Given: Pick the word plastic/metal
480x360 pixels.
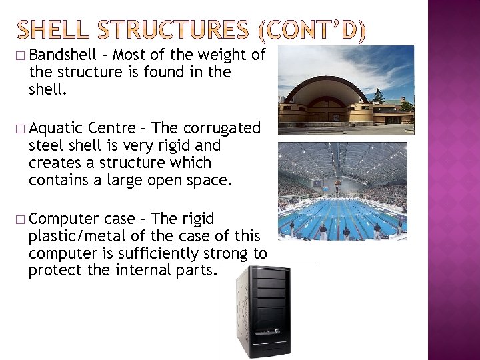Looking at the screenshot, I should click(75, 236).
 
